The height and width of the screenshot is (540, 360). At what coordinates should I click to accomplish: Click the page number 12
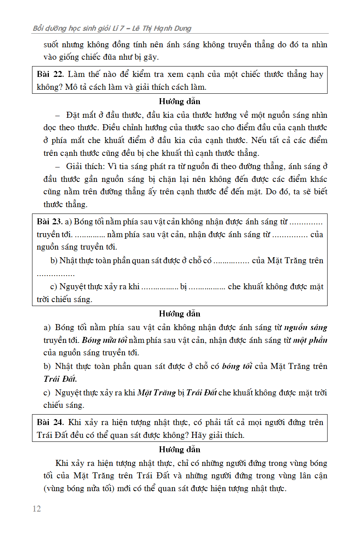point(37,509)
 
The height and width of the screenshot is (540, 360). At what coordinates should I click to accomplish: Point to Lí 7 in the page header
point(117,28)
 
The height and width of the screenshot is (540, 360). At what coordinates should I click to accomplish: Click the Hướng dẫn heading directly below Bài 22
point(179,101)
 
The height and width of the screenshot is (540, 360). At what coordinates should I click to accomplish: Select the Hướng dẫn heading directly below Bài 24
point(179,449)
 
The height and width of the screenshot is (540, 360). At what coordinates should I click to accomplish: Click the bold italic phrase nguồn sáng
point(306,328)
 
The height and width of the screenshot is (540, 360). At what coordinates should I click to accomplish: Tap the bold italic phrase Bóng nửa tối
point(105,341)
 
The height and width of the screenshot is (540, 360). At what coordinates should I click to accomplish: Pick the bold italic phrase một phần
point(310,341)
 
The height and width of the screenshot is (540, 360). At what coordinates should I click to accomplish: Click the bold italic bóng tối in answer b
point(237,367)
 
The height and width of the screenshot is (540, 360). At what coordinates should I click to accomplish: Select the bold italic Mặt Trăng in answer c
point(157,393)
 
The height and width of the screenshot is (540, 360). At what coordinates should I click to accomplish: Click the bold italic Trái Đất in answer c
point(201,393)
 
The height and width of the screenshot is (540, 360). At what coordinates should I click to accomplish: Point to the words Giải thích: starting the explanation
point(85,167)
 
